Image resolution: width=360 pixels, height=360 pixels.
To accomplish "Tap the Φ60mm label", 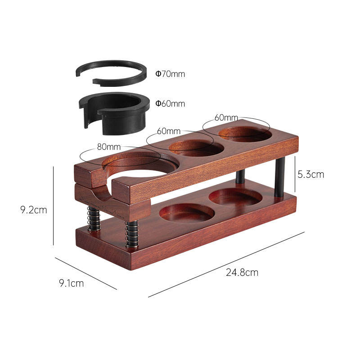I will [x=170, y=103].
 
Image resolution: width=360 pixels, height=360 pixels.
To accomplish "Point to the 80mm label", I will [x=108, y=147].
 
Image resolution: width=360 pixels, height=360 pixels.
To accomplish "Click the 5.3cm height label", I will [x=311, y=174].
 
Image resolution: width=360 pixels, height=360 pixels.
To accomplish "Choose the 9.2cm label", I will [x=34, y=209].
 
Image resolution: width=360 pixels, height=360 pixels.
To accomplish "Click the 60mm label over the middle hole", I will [x=169, y=131].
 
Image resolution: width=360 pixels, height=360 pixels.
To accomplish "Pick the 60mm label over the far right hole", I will [x=226, y=117].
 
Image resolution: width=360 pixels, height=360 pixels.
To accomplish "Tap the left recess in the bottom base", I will [x=187, y=212].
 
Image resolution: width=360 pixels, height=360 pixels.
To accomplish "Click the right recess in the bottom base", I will [x=235, y=197].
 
